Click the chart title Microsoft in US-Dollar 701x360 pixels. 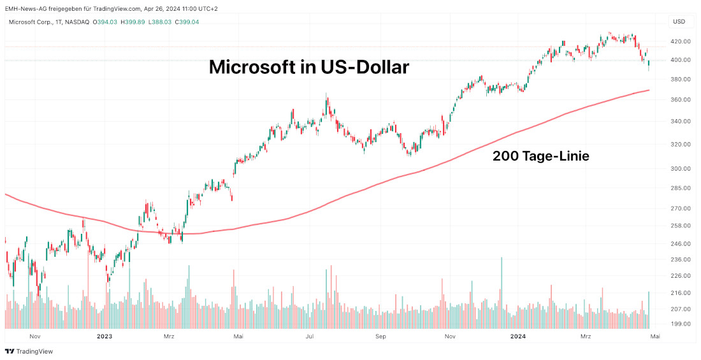coord(309,67)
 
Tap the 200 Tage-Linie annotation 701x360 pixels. coord(540,155)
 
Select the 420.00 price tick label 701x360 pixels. coord(681,41)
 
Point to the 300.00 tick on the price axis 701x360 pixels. coord(681,169)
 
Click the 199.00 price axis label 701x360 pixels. coord(681,324)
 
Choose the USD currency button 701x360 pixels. coord(679,22)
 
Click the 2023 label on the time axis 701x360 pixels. coord(104,336)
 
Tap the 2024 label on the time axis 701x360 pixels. coord(517,336)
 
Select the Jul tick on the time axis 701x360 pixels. coord(311,336)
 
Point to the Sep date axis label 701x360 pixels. coord(380,336)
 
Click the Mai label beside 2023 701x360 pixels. coord(238,336)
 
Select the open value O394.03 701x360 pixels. coord(105,22)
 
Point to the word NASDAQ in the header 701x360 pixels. coord(76,22)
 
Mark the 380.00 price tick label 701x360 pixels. coord(681,80)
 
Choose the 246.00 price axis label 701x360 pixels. coord(681,244)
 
